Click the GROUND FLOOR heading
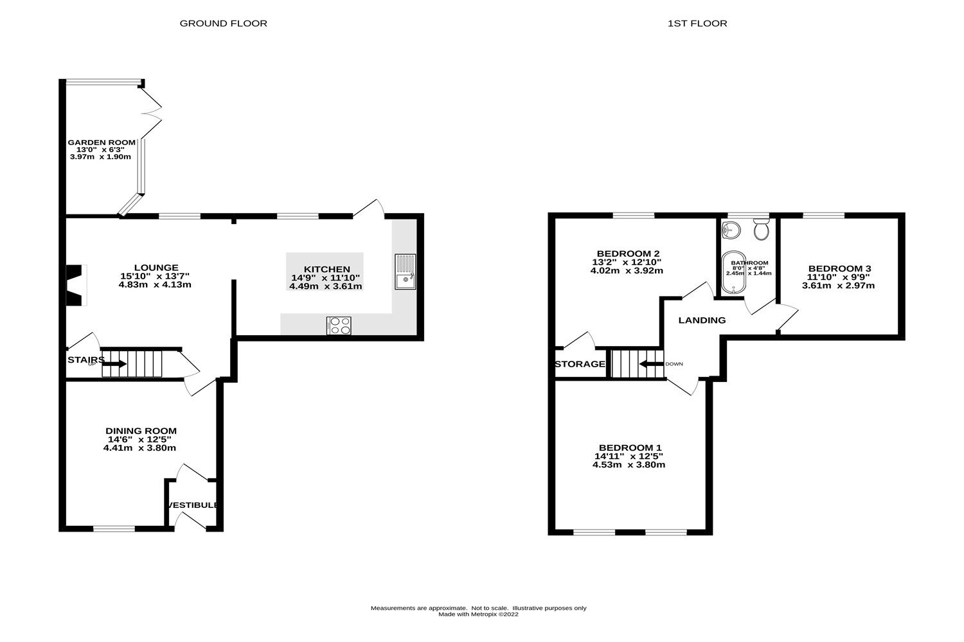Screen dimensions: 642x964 (223, 24)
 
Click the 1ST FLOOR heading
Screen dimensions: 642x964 (697, 24)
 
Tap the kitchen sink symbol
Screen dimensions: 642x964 (406, 272)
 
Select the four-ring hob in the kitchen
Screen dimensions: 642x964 (339, 325)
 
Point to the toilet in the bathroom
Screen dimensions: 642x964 (762, 229)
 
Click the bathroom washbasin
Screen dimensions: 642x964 (731, 229)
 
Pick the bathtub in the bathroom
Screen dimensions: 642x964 (732, 273)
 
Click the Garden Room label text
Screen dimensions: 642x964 (102, 143)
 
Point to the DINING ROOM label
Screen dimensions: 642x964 (141, 431)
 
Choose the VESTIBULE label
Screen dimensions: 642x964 (193, 505)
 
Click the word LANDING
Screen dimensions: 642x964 (702, 320)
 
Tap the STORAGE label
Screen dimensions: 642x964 (580, 364)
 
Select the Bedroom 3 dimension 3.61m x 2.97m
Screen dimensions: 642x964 (838, 286)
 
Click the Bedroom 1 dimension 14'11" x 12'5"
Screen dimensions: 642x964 (629, 456)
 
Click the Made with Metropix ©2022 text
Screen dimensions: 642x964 (478, 614)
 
